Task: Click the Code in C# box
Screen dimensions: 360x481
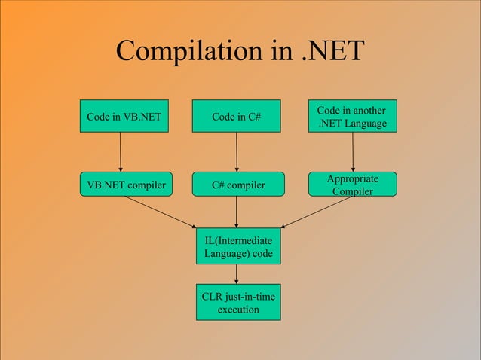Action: [x=237, y=117]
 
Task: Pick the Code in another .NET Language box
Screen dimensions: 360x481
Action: [x=353, y=117]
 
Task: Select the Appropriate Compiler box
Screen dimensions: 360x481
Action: [x=353, y=185]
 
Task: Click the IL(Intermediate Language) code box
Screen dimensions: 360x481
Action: [x=238, y=246]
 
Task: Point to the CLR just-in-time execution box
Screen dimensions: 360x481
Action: [x=238, y=303]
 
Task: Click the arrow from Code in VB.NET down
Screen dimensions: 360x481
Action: [x=121, y=153]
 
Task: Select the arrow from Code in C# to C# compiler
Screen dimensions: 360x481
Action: [x=237, y=153]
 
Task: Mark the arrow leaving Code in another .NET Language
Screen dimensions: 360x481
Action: [x=353, y=153]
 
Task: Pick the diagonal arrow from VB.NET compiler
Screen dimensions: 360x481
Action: [x=160, y=212]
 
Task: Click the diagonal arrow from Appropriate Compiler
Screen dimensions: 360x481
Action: [x=317, y=212]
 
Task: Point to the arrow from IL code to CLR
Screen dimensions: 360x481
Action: [x=237, y=274]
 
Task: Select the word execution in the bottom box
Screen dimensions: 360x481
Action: [x=238, y=310]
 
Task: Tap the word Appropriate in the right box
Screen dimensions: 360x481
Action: [x=353, y=178]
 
